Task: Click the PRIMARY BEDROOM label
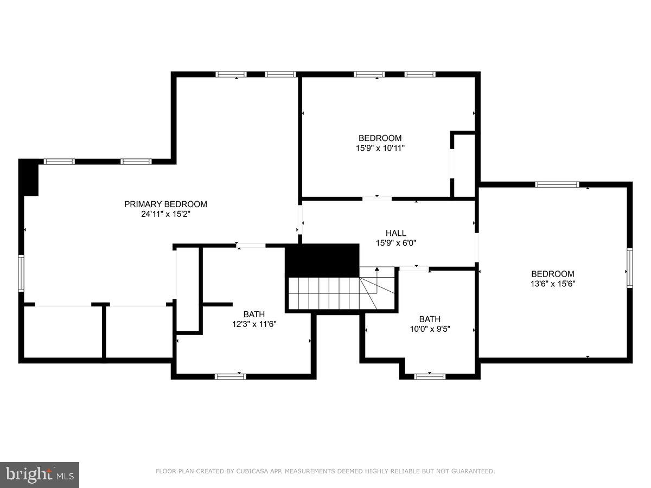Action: [165, 204]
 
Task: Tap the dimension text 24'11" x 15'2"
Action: [165, 214]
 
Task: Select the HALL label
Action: [395, 233]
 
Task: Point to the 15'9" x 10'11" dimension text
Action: [380, 147]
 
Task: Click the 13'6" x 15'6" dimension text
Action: [552, 284]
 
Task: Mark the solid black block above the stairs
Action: [322, 260]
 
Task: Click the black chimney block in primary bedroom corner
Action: [28, 178]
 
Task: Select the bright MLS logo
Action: [40, 474]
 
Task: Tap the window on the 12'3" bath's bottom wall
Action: [230, 376]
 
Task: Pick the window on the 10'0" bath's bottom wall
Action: [430, 376]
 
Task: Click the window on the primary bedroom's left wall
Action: [21, 273]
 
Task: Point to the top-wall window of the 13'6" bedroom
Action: [557, 184]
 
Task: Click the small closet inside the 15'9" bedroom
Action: [464, 164]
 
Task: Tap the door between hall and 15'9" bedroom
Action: [376, 199]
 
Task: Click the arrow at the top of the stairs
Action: [377, 269]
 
